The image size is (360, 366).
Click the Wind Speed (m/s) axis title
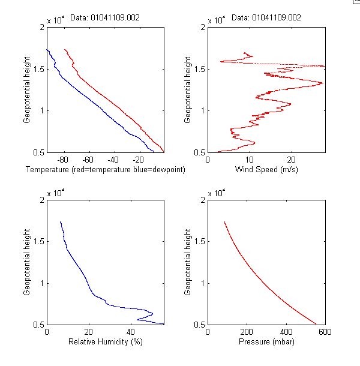pyautogui.click(x=265, y=170)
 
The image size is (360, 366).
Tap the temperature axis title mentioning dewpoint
pyautogui.click(x=105, y=170)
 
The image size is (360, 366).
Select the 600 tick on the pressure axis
pyautogui.click(x=325, y=332)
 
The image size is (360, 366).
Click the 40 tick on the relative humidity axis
pyautogui.click(x=131, y=332)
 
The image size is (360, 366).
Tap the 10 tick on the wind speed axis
pyautogui.click(x=250, y=160)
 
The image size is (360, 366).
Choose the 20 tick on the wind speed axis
pyautogui.click(x=292, y=160)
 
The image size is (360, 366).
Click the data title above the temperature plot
pyautogui.click(x=105, y=18)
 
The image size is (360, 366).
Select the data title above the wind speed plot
pyautogui.click(x=266, y=18)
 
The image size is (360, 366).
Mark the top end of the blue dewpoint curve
pyautogui.click(x=47, y=50)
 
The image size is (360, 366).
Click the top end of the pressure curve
pyautogui.click(x=224, y=222)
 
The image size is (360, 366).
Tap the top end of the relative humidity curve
pyautogui.click(x=60, y=222)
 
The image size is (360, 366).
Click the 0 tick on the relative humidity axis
pyautogui.click(x=47, y=332)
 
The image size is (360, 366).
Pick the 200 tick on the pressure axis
pyautogui.click(x=247, y=332)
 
